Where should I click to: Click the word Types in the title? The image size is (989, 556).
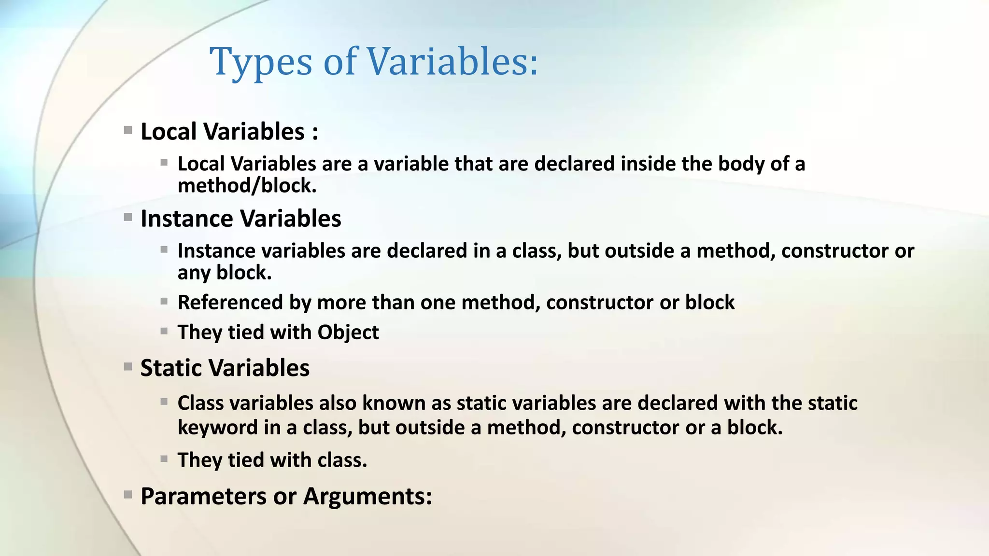click(261, 63)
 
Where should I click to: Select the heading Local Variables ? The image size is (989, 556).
click(229, 132)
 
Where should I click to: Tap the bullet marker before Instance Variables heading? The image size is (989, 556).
click(128, 218)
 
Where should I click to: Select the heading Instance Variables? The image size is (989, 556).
click(240, 219)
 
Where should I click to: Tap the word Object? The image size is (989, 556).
click(348, 333)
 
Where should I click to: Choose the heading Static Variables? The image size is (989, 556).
click(225, 368)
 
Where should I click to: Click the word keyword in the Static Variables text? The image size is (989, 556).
click(217, 428)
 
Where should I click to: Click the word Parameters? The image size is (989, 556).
click(203, 497)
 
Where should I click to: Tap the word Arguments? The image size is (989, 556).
click(367, 497)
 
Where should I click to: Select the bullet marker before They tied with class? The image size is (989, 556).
click(164, 459)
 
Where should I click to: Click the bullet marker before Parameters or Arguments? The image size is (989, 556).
click(128, 495)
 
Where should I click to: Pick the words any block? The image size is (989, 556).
click(224, 273)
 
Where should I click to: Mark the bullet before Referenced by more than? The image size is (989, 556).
click(164, 302)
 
